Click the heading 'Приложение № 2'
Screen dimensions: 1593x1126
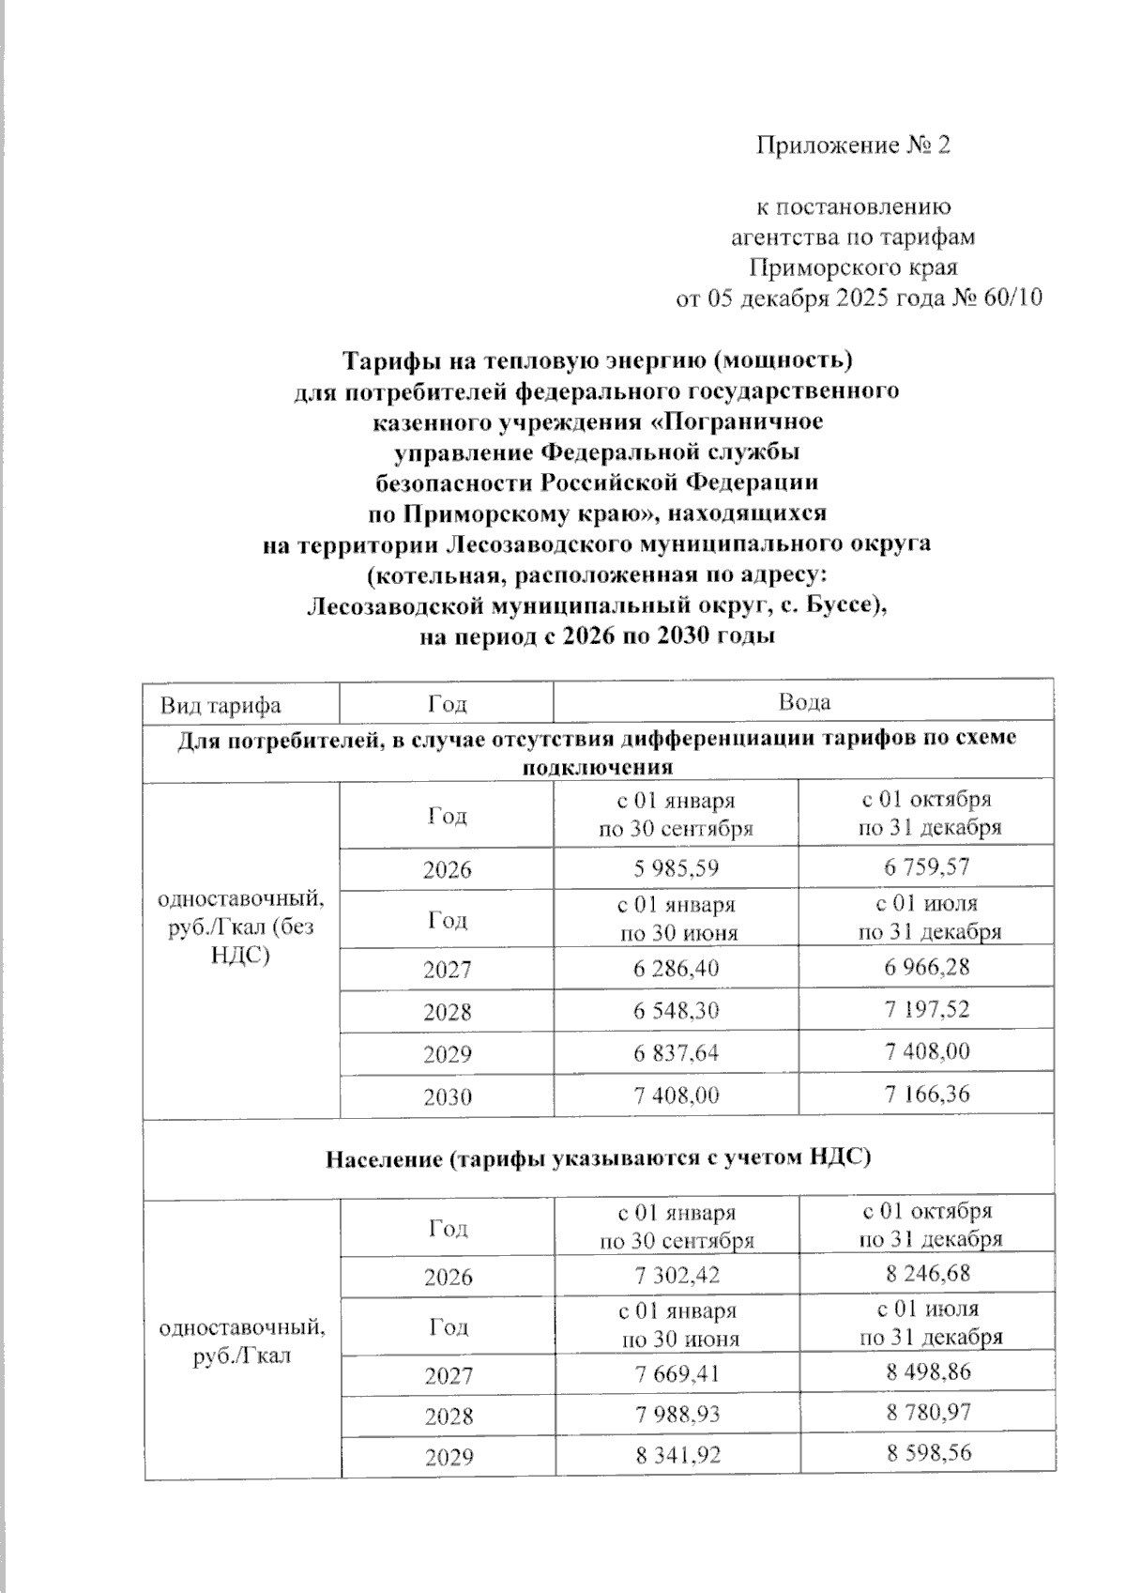point(853,146)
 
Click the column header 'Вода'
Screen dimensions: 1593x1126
point(804,702)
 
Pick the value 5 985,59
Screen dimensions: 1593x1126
point(676,868)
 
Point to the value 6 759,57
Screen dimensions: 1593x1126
point(926,866)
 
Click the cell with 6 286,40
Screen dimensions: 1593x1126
point(676,968)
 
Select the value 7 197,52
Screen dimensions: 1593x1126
point(926,1010)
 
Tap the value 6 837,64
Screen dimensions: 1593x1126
point(676,1053)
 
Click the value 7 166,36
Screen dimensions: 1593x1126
point(926,1094)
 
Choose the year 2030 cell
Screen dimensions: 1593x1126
point(447,1096)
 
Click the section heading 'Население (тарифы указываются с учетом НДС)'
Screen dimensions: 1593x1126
point(599,1158)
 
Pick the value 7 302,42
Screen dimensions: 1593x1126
point(676,1276)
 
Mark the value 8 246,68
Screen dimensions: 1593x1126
point(927,1274)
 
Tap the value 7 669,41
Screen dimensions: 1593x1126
point(677,1375)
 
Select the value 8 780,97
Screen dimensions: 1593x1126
point(927,1412)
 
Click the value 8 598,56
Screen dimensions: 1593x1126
point(927,1453)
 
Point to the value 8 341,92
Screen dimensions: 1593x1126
point(677,1456)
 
